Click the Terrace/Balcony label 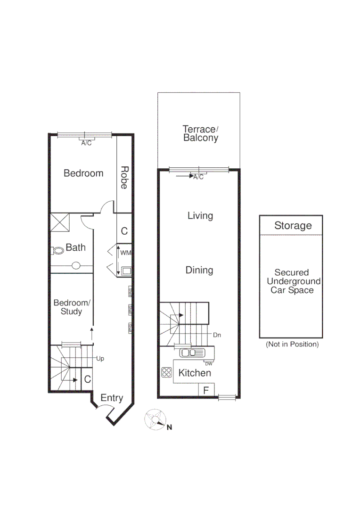click(200, 133)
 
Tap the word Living click(200, 216)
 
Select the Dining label click(199, 270)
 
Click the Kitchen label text click(194, 373)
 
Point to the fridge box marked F click(206, 390)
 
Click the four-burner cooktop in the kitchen click(166, 373)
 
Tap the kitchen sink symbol click(191, 352)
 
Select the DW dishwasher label click(209, 363)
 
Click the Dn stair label click(217, 335)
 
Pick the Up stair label click(100, 359)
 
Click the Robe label click(124, 177)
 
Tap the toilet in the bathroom click(57, 250)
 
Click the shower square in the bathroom click(60, 223)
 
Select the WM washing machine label click(125, 253)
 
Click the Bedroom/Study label click(71, 307)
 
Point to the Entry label click(112, 398)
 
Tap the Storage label click(293, 226)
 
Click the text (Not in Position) click(292, 345)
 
